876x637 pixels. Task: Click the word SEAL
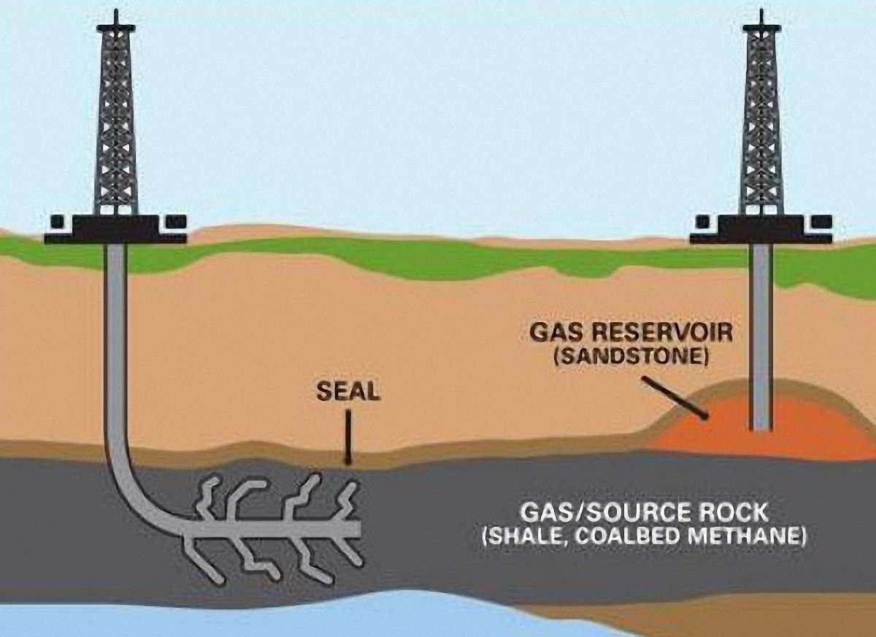click(x=347, y=391)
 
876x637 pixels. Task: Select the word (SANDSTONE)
click(x=631, y=356)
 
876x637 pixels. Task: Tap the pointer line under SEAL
click(x=347, y=437)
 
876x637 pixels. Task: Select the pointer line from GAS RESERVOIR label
click(x=675, y=398)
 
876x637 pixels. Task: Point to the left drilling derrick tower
click(x=116, y=118)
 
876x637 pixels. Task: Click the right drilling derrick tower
click(x=761, y=118)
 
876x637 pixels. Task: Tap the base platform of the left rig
click(x=116, y=229)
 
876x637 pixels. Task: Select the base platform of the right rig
click(x=761, y=229)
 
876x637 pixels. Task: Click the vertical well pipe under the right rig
click(x=761, y=337)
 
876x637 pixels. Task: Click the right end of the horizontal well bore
click(x=359, y=530)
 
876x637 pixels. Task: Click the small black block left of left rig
click(x=57, y=221)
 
